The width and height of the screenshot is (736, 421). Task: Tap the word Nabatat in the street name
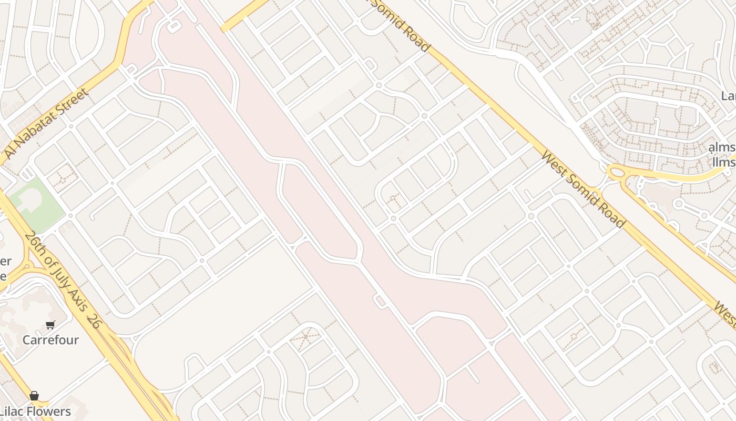(x=40, y=128)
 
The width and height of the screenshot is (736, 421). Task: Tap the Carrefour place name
(x=50, y=340)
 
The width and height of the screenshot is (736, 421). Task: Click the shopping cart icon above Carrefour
(x=50, y=325)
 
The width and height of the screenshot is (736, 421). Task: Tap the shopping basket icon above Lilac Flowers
(x=34, y=396)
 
